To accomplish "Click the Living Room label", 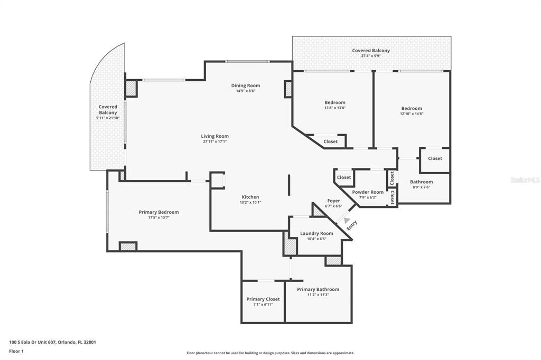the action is pyautogui.click(x=214, y=136).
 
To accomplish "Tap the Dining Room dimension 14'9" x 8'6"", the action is pyautogui.click(x=246, y=91).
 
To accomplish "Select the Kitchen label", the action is pyautogui.click(x=250, y=197).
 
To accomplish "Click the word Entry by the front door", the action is pyautogui.click(x=352, y=225).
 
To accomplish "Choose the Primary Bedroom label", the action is pyautogui.click(x=158, y=212).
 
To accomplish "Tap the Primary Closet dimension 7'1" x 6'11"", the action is pyautogui.click(x=263, y=305).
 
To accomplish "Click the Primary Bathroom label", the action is pyautogui.click(x=318, y=289).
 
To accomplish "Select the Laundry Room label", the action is pyautogui.click(x=317, y=233).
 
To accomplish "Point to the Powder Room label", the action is pyautogui.click(x=368, y=192).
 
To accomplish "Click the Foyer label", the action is pyautogui.click(x=334, y=201).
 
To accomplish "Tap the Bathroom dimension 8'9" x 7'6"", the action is pyautogui.click(x=421, y=187).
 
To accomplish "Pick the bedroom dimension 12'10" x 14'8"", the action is pyautogui.click(x=412, y=114).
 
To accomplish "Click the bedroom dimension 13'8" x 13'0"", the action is pyautogui.click(x=334, y=108).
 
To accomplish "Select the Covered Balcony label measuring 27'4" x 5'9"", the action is pyautogui.click(x=371, y=50).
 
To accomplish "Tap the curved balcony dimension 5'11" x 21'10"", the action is pyautogui.click(x=108, y=118).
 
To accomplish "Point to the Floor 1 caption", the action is pyautogui.click(x=16, y=352).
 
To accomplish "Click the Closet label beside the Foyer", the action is pyautogui.click(x=343, y=177).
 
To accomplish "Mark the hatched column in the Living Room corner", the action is pyautogui.click(x=131, y=88).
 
